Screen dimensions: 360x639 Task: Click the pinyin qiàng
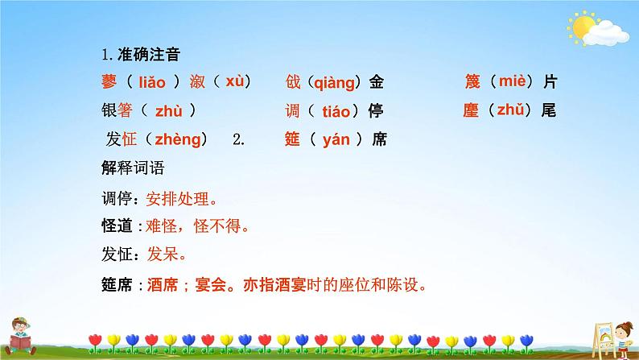tap(332, 81)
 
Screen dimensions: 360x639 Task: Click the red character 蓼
tap(109, 81)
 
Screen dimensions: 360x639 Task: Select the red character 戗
tap(293, 81)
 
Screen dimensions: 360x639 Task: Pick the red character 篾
tap(472, 81)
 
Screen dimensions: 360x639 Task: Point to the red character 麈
tap(472, 110)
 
